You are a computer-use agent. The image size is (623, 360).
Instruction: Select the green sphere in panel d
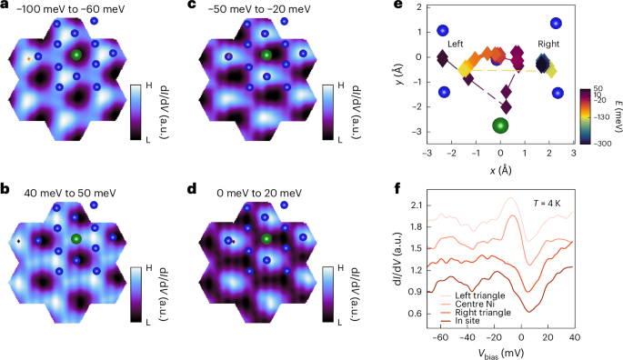(266, 239)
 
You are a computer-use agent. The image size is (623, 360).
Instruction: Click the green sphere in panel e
(499, 125)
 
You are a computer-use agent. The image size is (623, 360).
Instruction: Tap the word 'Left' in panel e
(457, 43)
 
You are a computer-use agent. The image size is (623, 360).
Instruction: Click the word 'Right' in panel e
(548, 43)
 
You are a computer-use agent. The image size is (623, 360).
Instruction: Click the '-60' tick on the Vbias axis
(440, 338)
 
